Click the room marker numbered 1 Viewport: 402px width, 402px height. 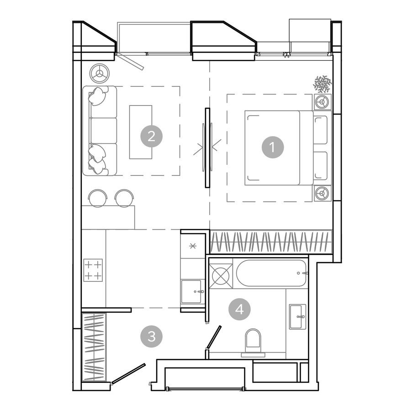tap(273, 148)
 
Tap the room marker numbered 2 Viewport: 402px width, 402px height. tap(152, 136)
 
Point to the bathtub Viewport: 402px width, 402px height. tap(271, 273)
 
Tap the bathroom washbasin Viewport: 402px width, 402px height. tap(298, 316)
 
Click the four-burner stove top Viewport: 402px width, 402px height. tap(93, 270)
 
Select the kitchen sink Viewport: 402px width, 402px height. tap(191, 291)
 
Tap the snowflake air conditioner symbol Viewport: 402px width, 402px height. tap(322, 84)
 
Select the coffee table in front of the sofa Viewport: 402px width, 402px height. tap(141, 132)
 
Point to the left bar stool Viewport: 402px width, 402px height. tap(97, 198)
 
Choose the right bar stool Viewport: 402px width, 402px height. tap(124, 198)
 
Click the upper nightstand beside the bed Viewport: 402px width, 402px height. tap(323, 102)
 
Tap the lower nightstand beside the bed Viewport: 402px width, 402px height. tap(323, 193)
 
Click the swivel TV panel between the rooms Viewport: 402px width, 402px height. tap(207, 147)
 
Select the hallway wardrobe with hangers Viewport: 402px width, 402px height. tap(94, 347)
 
